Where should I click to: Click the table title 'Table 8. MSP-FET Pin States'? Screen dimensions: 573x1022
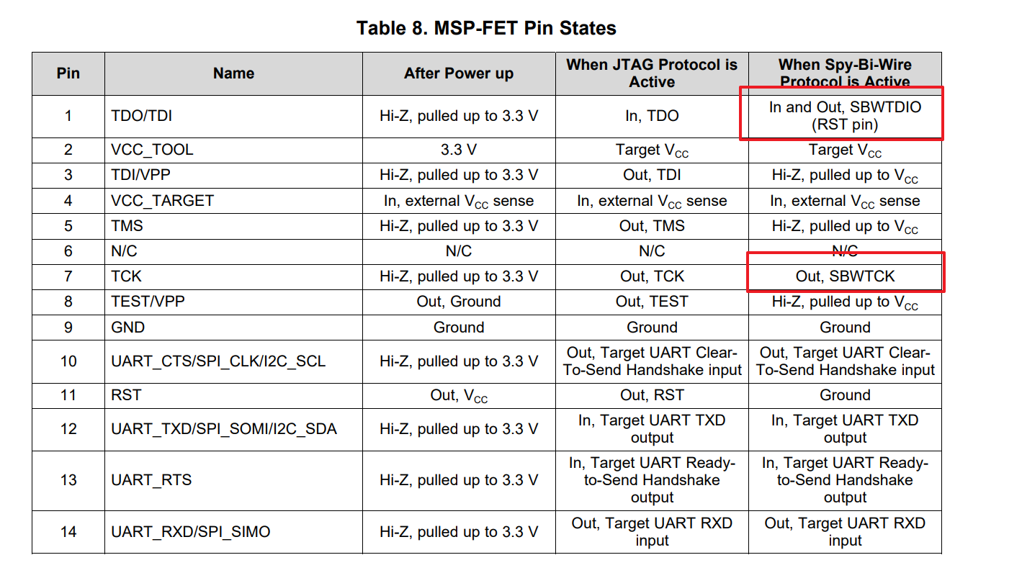tap(486, 28)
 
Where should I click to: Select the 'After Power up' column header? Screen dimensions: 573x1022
tap(458, 73)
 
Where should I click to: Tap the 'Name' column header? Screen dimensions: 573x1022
tap(233, 73)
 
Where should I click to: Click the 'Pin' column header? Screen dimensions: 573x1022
tap(68, 73)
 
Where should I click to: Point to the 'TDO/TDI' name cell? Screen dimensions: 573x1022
tap(142, 116)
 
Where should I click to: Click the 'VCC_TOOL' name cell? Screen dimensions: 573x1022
tap(152, 150)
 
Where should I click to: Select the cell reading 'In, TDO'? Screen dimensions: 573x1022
tap(651, 116)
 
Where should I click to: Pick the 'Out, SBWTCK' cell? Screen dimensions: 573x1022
tap(845, 276)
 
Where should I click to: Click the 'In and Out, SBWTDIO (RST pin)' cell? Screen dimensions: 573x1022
tap(845, 115)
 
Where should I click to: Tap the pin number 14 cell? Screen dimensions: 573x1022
tap(68, 532)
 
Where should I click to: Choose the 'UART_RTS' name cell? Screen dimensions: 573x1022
tap(151, 480)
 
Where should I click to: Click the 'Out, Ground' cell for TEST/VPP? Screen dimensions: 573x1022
tap(458, 302)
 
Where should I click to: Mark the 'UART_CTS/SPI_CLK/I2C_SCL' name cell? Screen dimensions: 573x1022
tap(218, 361)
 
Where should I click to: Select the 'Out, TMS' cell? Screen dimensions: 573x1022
tap(651, 226)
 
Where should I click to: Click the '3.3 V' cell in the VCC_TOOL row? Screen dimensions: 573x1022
tap(458, 150)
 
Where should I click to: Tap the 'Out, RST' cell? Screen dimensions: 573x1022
tap(651, 395)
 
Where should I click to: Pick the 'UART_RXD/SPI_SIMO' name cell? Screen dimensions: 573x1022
tap(191, 532)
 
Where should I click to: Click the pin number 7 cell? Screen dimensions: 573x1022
tap(68, 276)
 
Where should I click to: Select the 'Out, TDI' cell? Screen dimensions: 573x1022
tap(651, 175)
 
